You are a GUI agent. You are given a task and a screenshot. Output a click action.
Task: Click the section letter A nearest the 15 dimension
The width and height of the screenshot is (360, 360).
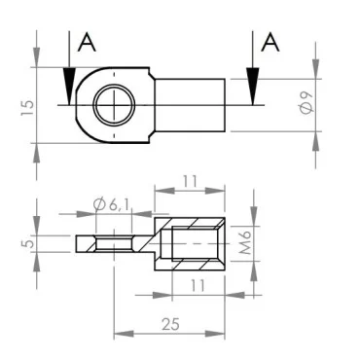coord(87,42)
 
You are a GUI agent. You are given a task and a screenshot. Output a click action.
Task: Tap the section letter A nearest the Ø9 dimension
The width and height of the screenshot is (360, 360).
coord(272,42)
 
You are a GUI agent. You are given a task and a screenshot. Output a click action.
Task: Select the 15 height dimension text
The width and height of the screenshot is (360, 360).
coord(28,104)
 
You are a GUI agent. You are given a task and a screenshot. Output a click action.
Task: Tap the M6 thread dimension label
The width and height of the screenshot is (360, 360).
coord(247,240)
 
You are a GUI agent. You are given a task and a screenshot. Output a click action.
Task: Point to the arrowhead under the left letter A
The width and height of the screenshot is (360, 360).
coord(68,85)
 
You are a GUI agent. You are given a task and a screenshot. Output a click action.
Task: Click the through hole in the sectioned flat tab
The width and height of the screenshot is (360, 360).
coord(114,242)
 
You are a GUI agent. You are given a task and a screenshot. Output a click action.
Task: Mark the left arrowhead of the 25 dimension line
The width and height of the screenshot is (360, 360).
coord(119,334)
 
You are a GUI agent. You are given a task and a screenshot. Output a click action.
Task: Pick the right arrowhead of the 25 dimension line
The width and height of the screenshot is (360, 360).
coord(222,334)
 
